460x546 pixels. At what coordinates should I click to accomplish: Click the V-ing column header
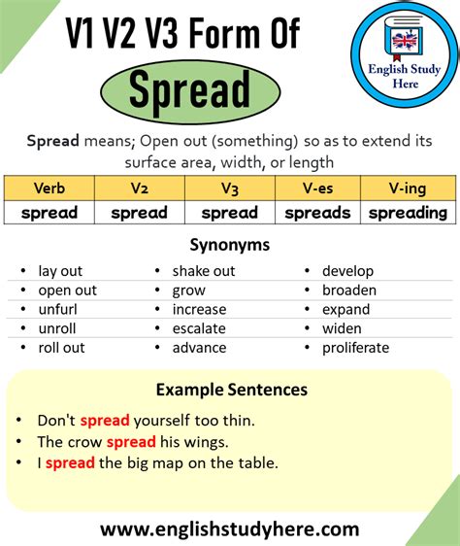(x=408, y=188)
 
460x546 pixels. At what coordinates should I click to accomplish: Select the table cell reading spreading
(x=408, y=213)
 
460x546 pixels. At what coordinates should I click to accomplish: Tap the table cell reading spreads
(x=317, y=213)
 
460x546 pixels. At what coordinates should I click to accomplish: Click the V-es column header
(x=317, y=188)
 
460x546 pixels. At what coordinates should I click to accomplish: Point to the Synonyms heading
(x=230, y=245)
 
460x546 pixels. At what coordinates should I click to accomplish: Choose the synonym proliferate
(x=355, y=348)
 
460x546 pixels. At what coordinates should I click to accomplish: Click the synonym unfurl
(x=58, y=309)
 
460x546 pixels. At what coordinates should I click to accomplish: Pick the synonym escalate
(x=199, y=328)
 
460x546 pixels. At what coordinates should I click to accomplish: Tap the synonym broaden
(x=349, y=290)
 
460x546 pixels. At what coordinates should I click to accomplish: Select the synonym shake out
(x=204, y=271)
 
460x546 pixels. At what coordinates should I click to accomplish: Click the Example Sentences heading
(x=232, y=390)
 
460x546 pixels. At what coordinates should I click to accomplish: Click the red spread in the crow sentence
(x=131, y=442)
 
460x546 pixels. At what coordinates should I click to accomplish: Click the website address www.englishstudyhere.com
(x=230, y=529)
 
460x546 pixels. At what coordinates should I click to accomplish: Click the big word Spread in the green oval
(x=189, y=89)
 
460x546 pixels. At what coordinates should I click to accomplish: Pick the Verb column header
(x=49, y=188)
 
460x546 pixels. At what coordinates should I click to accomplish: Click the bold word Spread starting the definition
(x=52, y=141)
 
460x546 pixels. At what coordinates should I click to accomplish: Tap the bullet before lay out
(x=23, y=270)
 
